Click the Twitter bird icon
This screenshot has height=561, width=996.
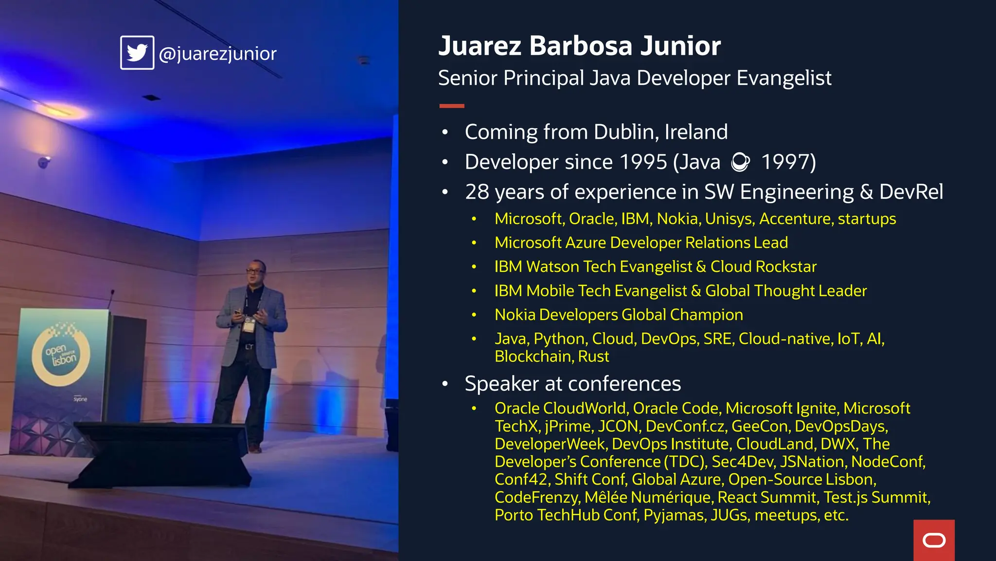(137, 53)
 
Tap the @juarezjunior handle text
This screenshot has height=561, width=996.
(217, 54)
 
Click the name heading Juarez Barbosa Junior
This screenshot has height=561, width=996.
(579, 46)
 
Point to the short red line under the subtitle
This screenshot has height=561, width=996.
(451, 106)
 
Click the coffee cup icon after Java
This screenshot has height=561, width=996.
(740, 162)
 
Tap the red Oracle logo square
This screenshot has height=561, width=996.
(934, 540)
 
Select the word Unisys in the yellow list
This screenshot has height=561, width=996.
(729, 219)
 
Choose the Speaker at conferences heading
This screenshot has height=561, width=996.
(572, 384)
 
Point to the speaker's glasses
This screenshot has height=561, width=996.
(255, 269)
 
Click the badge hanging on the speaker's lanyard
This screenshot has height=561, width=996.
(249, 324)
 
